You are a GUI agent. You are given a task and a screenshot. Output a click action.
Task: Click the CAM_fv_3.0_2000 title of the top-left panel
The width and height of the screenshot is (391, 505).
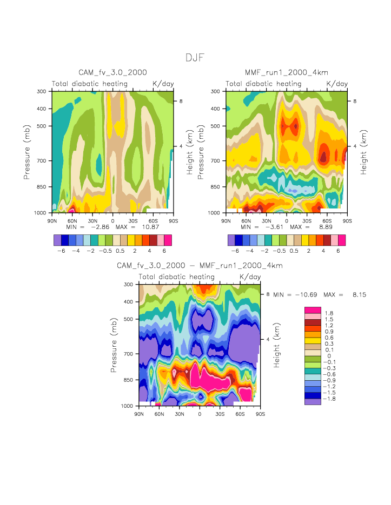[x=112, y=72]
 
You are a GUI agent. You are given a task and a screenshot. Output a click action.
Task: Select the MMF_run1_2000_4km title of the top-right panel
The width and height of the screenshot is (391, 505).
[x=287, y=72]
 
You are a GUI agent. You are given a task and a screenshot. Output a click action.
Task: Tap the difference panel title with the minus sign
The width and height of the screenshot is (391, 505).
[x=200, y=266]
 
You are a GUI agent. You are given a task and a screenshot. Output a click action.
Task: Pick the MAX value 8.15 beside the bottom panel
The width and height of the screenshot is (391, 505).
[x=356, y=294]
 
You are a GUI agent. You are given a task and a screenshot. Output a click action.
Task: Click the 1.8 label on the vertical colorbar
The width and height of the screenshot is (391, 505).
[x=329, y=313]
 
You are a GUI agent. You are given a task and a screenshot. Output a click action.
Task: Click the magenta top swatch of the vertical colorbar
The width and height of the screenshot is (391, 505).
[x=313, y=310]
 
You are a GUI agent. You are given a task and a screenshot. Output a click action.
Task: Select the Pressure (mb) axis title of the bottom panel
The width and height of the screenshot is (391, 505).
[x=114, y=345]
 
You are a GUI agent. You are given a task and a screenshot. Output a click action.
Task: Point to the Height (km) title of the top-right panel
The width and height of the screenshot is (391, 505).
[x=363, y=152]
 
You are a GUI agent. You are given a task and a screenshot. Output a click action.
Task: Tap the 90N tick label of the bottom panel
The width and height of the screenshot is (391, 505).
[x=139, y=414]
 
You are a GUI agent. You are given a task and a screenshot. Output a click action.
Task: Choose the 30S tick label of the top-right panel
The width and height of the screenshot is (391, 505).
[x=307, y=221]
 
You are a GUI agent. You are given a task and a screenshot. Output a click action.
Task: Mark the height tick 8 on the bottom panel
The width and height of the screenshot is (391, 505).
[x=268, y=294]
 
